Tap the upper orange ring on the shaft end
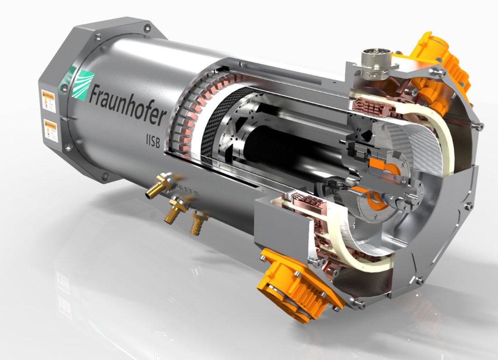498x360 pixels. pyautogui.click(x=379, y=165)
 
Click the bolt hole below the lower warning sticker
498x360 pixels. pyautogui.click(x=67, y=147)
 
